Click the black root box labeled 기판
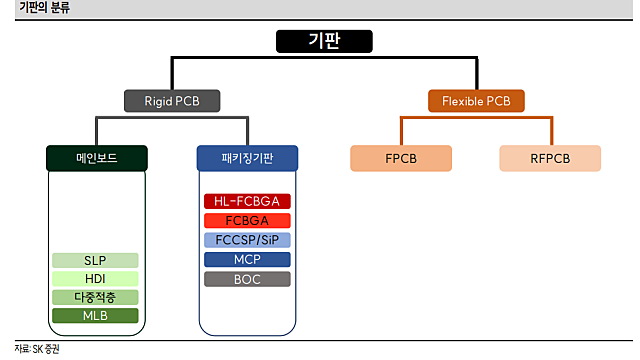tap(323, 41)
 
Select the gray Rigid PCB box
tap(171, 100)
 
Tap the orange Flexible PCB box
tap(476, 100)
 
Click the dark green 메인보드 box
tap(97, 158)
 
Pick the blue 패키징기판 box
tap(247, 158)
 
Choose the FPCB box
tap(401, 158)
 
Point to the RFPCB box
tap(550, 158)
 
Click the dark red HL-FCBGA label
tap(247, 201)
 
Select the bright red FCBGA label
tap(247, 220)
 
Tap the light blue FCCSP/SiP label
tap(247, 240)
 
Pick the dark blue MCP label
tap(247, 259)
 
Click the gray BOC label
tap(247, 279)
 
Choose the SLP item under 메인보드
tap(95, 260)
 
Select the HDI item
tap(95, 278)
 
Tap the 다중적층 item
tap(95, 297)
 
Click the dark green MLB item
tap(95, 316)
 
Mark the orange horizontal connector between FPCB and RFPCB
tap(476, 118)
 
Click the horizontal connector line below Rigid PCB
tap(171, 118)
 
